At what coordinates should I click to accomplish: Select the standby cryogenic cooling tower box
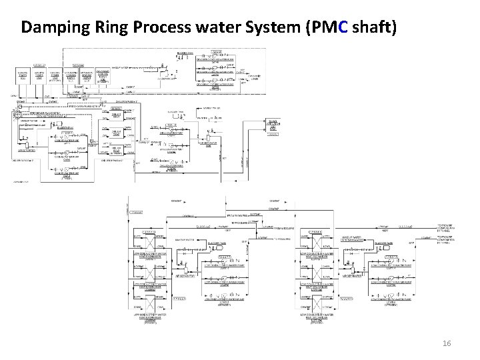(x=103, y=75)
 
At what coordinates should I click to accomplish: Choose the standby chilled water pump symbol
(x=172, y=161)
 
